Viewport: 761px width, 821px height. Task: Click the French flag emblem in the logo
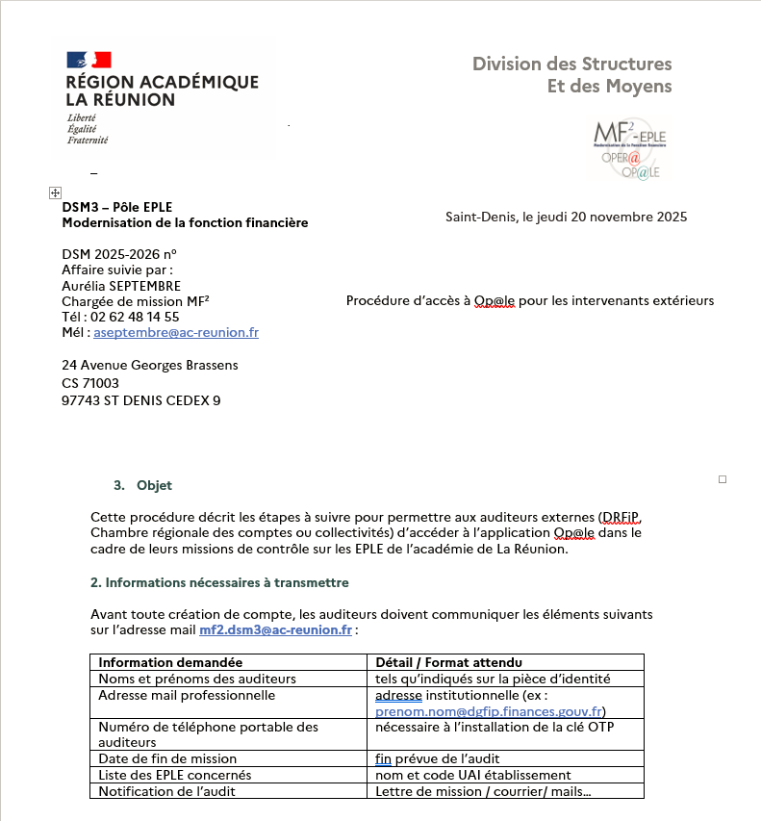(89, 60)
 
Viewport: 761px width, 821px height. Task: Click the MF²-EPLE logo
(630, 147)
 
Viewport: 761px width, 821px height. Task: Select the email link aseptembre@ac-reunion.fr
(176, 333)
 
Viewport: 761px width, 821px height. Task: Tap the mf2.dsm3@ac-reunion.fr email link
(275, 630)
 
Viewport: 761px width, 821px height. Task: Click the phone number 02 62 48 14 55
(135, 317)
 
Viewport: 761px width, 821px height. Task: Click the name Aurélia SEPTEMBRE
(121, 286)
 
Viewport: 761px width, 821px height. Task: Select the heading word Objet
(154, 485)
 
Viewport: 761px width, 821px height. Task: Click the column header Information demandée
(170, 662)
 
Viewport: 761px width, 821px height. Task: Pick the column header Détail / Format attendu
(447, 662)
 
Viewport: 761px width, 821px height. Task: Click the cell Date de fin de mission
(167, 758)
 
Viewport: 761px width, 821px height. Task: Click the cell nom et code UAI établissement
(473, 775)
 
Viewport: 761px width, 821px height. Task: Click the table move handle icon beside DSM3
(54, 193)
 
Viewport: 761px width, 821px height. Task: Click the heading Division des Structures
(571, 64)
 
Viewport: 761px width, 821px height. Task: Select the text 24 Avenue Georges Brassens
(149, 365)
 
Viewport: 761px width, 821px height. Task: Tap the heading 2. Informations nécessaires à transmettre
(219, 582)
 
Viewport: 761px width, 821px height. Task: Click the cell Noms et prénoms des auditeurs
(197, 679)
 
